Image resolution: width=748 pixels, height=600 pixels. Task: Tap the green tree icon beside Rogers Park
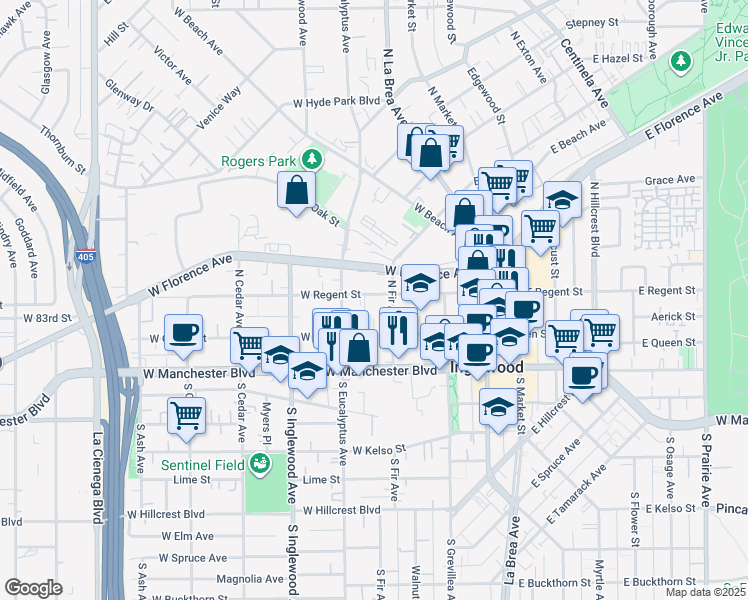312,159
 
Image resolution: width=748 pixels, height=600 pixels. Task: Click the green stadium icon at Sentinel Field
259,463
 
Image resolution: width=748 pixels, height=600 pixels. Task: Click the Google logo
33,588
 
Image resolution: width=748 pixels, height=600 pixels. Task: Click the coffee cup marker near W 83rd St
183,333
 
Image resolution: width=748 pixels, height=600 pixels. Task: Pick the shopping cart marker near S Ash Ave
185,413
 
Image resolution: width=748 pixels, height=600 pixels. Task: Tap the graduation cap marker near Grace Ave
562,198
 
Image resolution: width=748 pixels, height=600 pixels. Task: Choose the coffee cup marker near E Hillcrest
583,375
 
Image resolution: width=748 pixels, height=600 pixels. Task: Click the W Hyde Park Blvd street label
337,102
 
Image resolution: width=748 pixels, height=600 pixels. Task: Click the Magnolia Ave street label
247,579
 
